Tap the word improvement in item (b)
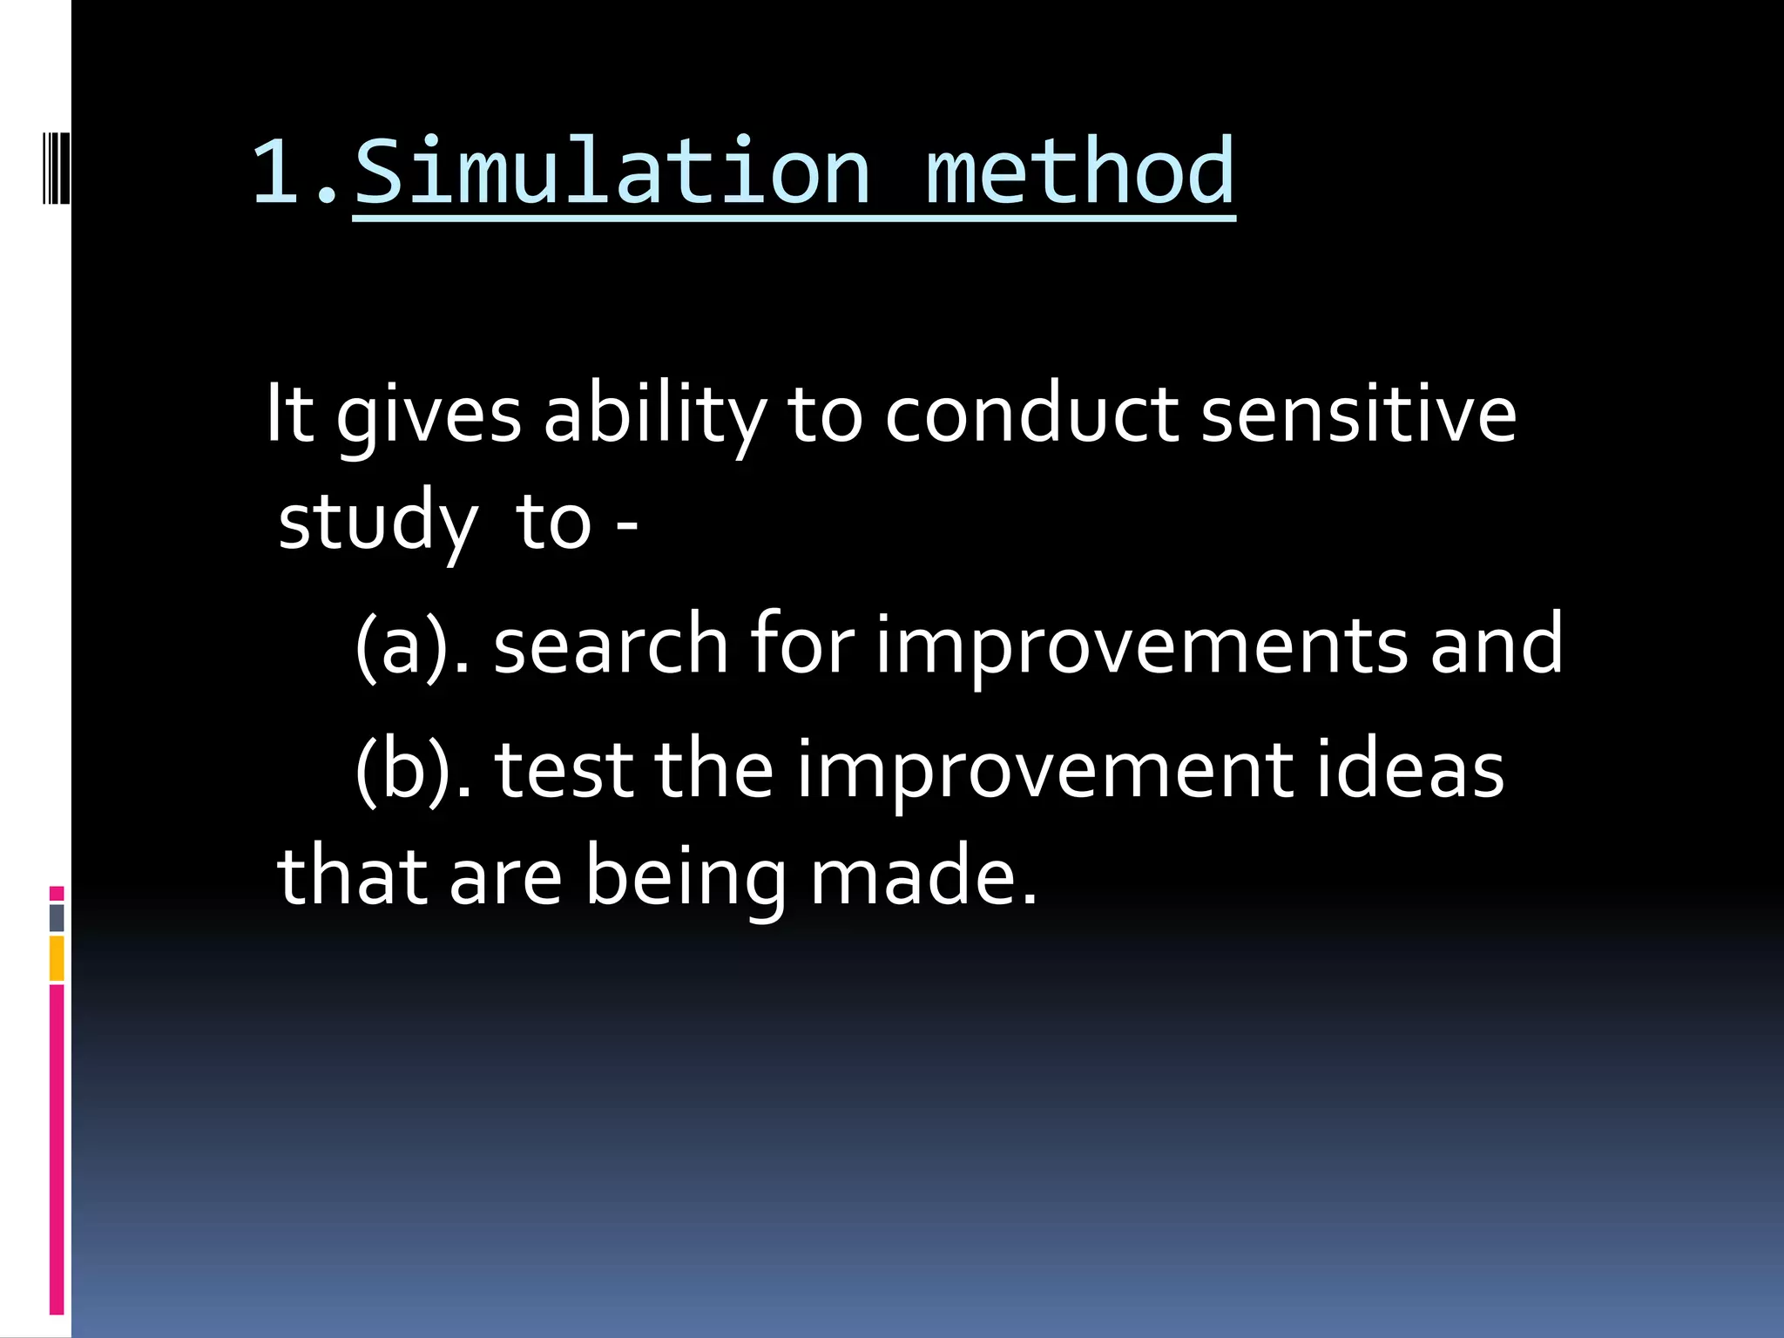click(x=1044, y=772)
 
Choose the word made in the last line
click(x=923, y=876)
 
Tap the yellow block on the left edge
click(x=57, y=958)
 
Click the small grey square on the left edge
click(x=57, y=917)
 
